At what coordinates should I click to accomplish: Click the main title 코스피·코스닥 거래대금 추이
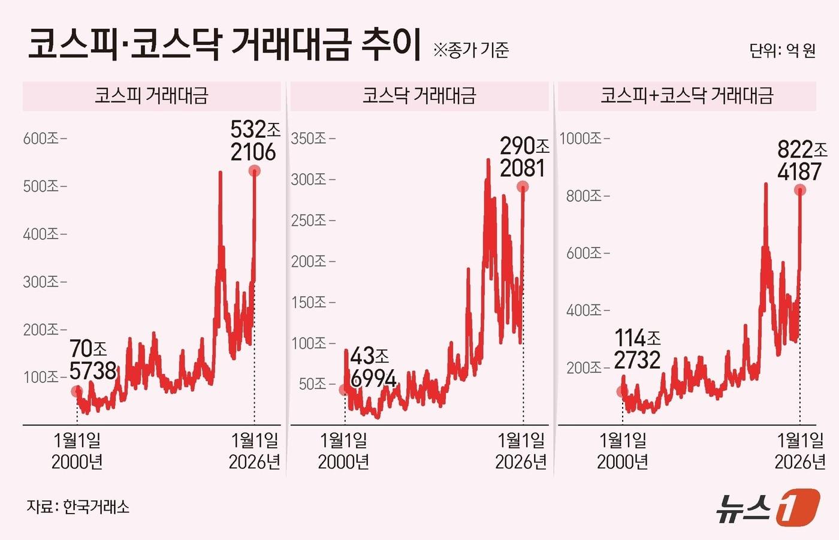coord(225,45)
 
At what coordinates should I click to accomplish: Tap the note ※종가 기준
coord(470,50)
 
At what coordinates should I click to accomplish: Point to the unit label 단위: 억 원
coord(782,50)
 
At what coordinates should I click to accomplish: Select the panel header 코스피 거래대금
coord(152,96)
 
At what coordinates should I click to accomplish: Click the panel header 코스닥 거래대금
coord(419,96)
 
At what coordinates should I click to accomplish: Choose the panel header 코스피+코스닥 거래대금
coord(687,96)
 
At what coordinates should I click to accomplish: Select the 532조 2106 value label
coord(255,141)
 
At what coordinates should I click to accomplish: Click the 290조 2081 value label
coord(524,157)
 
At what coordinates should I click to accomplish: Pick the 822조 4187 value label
coord(801,160)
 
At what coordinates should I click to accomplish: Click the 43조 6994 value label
coord(372,367)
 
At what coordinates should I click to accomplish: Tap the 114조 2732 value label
coord(637,349)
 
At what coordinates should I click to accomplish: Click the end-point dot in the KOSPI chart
coord(255,171)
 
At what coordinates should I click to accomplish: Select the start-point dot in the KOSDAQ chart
coord(344,390)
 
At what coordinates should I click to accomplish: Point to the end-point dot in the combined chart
coord(800,190)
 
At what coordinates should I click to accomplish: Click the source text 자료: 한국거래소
coord(78,507)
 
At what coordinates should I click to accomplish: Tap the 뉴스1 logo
coord(768,507)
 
